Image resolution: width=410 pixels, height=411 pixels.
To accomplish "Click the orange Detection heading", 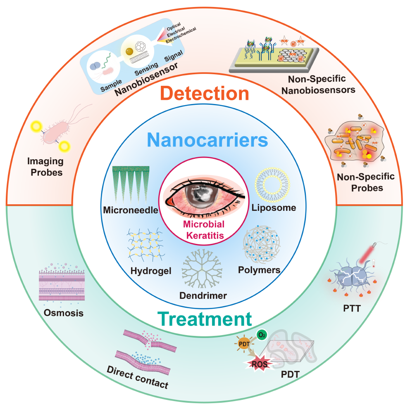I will click(x=205, y=93).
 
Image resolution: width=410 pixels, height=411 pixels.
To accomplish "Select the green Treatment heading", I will click(x=205, y=319).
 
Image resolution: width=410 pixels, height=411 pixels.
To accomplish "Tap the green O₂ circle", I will click(x=262, y=335).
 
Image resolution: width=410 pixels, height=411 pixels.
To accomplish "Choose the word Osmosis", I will click(x=64, y=313).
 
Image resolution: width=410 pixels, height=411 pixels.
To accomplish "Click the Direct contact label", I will click(x=138, y=377).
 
